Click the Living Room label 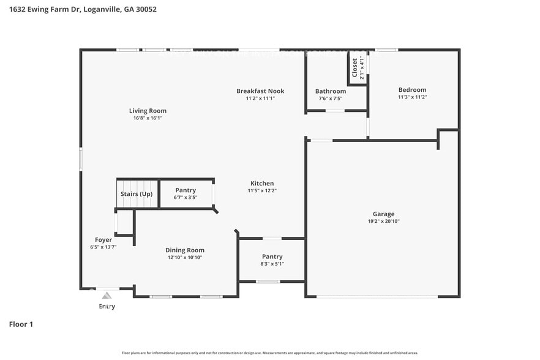coord(148,111)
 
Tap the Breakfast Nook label coord(260,91)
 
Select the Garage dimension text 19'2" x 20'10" coord(383,222)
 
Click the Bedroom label coord(412,90)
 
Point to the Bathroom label coord(331,91)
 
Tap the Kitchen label coord(262,183)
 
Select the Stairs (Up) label coord(137,194)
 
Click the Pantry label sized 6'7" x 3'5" coord(186,190)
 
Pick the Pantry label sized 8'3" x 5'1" coord(272,257)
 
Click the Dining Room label coord(185,250)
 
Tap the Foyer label coord(103,239)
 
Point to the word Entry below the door coord(107,306)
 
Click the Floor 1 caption coord(21,324)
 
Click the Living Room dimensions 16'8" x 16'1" coord(148,118)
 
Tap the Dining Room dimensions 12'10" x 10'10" coord(185,258)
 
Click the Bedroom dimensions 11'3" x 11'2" coord(412,97)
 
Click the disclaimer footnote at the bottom coord(270,353)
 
